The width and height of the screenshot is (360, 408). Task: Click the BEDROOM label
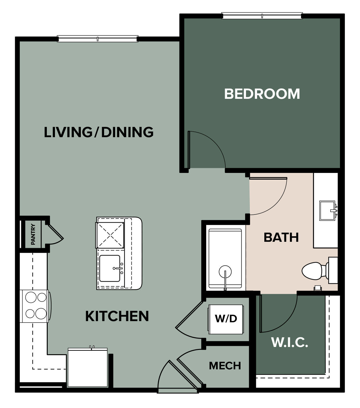pos(262,94)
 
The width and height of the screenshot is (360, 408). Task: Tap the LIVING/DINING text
pos(99,132)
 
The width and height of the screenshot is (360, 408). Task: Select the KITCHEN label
pos(117,316)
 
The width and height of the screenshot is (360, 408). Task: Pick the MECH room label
pos(225,366)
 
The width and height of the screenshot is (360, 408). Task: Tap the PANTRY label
pos(33,234)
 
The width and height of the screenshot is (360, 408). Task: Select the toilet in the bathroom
pos(320,271)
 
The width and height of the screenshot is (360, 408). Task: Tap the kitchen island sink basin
pos(110,269)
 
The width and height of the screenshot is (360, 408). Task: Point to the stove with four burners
pos(35,306)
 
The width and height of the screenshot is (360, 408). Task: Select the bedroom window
pos(262,16)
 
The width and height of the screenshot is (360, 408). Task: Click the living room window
pos(97,39)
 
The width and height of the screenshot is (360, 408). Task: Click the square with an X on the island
pos(110,235)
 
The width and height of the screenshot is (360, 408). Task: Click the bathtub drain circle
pos(225,272)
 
